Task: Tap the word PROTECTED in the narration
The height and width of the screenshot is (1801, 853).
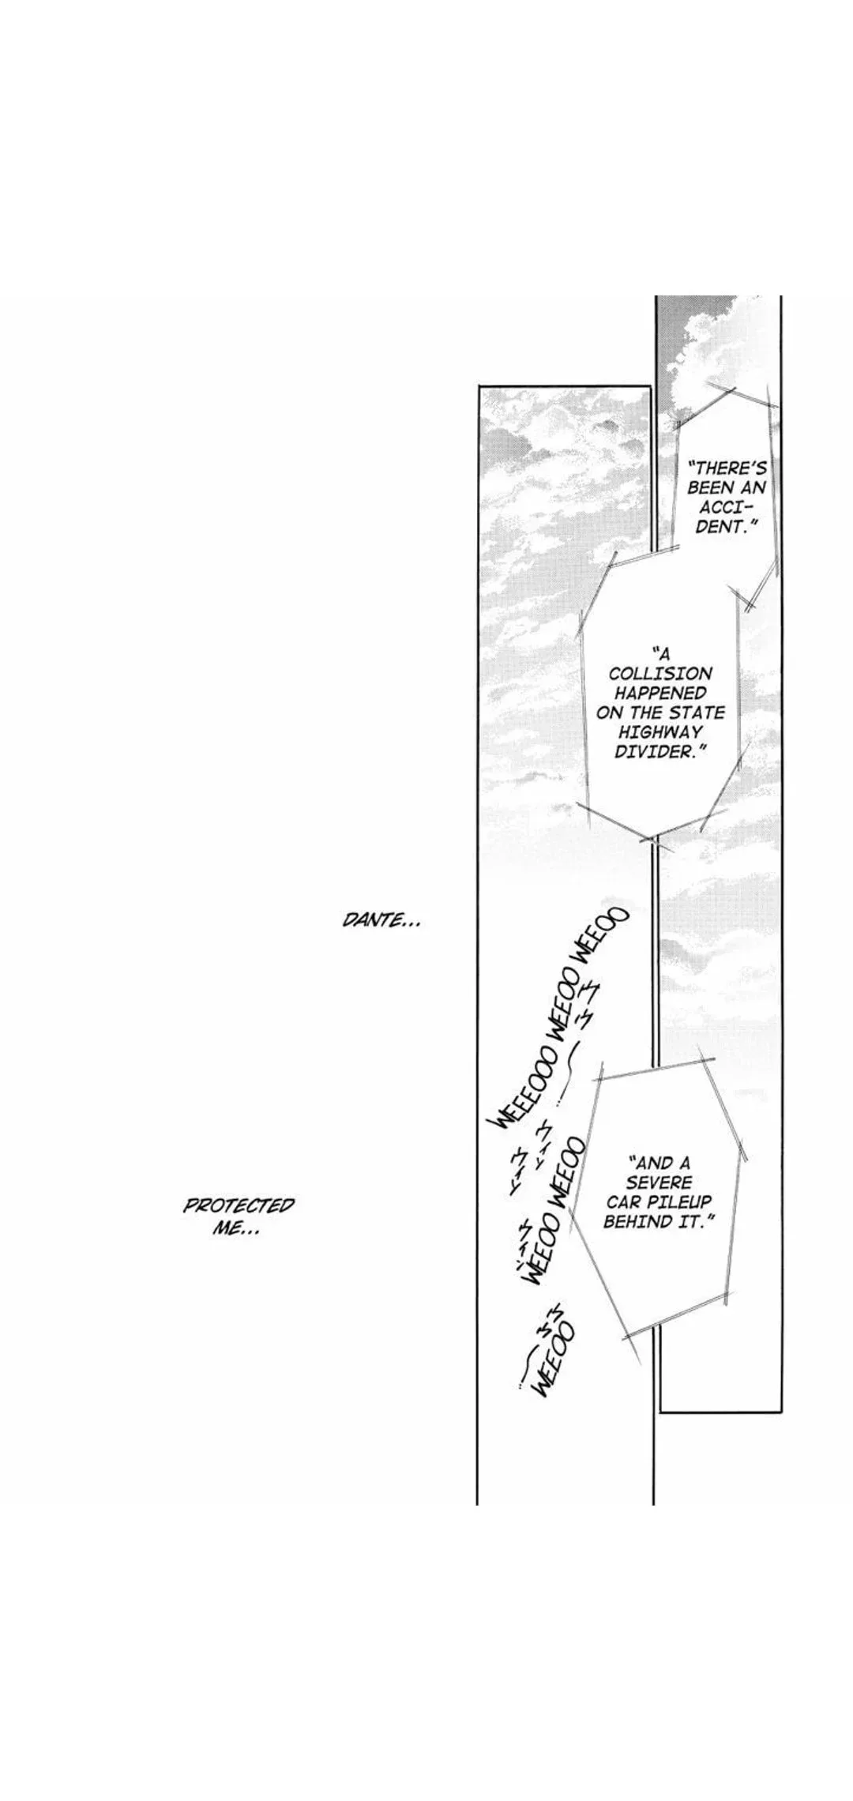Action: [239, 1206]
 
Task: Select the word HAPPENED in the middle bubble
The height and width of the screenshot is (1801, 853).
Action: [661, 693]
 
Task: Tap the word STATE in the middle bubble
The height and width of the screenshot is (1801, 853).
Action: [696, 713]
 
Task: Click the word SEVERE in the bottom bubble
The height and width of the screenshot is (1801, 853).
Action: [659, 1182]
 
